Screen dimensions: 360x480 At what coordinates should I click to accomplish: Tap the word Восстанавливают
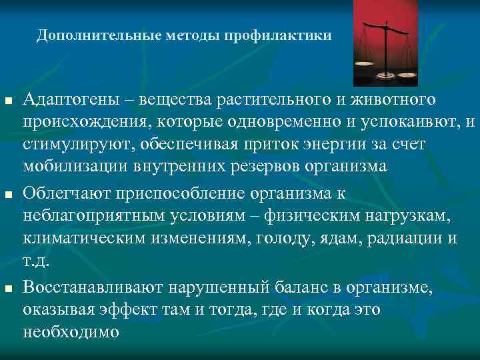[93, 287]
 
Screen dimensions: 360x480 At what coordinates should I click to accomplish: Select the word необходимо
[71, 331]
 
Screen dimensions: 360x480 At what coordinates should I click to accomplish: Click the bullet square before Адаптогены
[9, 101]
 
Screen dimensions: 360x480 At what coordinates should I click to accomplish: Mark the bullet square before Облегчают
[9, 195]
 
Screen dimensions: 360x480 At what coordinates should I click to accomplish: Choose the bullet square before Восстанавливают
[9, 289]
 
